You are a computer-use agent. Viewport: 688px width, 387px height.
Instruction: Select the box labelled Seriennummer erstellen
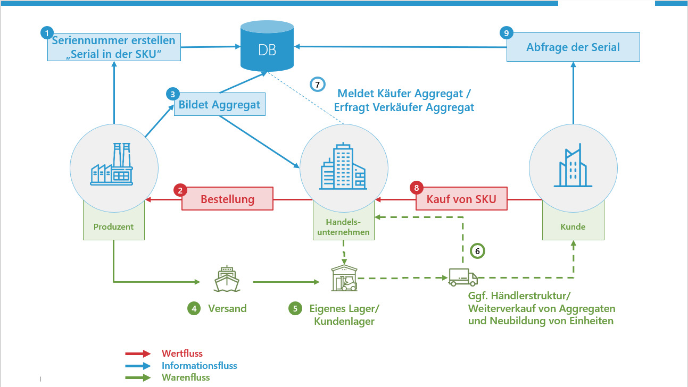coord(113,47)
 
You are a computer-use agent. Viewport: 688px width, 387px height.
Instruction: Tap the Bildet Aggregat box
coord(220,104)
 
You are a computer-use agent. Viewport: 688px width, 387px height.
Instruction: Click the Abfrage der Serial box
coord(573,47)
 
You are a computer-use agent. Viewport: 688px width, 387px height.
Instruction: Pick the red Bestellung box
coord(227,199)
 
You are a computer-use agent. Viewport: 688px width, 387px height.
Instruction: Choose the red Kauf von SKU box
coord(461,199)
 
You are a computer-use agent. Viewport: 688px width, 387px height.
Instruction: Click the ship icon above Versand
coord(227,279)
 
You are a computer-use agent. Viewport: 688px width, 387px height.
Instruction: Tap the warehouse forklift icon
coord(344,278)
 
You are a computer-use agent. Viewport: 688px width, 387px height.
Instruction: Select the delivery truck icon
coord(462,277)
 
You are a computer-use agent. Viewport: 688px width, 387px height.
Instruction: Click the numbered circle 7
coord(318,85)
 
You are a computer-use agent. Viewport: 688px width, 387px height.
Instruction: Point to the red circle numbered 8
coord(417,188)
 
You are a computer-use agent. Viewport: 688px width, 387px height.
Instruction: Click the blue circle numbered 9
coord(507,33)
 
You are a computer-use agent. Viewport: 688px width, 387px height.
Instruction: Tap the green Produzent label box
coord(113,226)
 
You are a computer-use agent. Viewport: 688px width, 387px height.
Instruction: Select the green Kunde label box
coord(573,226)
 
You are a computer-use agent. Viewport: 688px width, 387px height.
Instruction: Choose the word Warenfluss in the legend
coord(186,377)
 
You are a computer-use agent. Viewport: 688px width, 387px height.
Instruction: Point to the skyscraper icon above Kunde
coord(573,166)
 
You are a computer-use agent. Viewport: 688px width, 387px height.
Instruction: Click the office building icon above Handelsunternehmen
coord(343,166)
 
